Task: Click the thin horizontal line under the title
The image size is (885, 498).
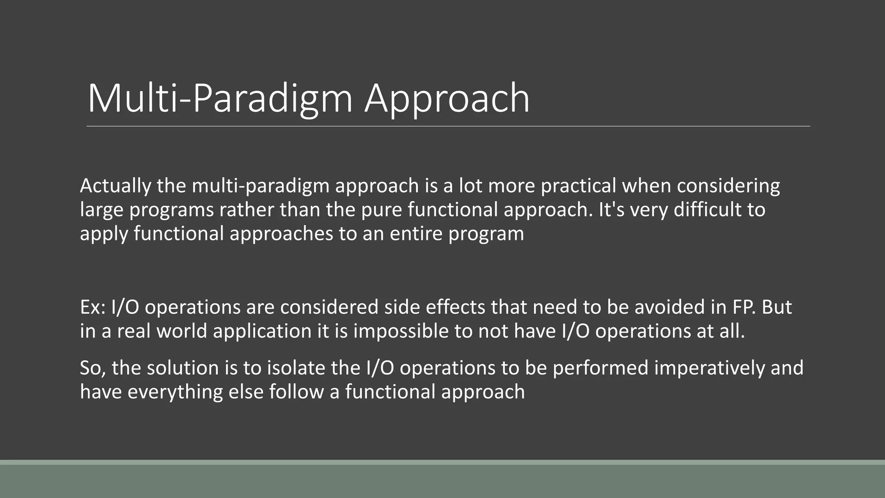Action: (x=448, y=126)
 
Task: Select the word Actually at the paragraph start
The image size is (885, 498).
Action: (x=115, y=186)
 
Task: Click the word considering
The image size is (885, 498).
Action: (x=728, y=186)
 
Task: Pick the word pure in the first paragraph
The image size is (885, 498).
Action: (x=381, y=210)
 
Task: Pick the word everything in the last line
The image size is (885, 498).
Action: (x=175, y=392)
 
